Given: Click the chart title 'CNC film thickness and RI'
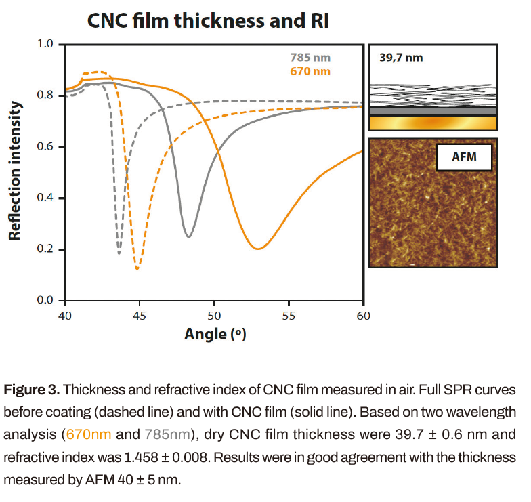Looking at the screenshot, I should pyautogui.click(x=208, y=21).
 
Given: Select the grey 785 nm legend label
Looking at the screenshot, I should pyautogui.click(x=311, y=58).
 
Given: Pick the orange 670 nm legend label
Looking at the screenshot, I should pyautogui.click(x=310, y=71).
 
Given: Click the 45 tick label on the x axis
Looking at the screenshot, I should pyautogui.click(x=139, y=315).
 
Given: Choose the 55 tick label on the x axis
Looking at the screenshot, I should pyautogui.click(x=289, y=315).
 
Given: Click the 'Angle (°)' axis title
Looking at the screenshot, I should pyautogui.click(x=214, y=335).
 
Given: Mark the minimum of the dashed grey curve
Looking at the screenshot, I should pyautogui.click(x=119, y=253).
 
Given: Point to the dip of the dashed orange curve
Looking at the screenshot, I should pyautogui.click(x=137, y=268).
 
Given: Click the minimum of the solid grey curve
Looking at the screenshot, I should pyautogui.click(x=188, y=236).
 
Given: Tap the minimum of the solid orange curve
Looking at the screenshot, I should pyautogui.click(x=257, y=249).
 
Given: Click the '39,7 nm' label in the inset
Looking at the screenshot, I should pyautogui.click(x=401, y=58).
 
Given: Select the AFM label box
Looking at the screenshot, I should pyautogui.click(x=464, y=159).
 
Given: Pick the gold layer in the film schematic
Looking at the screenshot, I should pyautogui.click(x=433, y=123).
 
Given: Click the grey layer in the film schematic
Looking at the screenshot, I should pyautogui.click(x=433, y=110).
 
